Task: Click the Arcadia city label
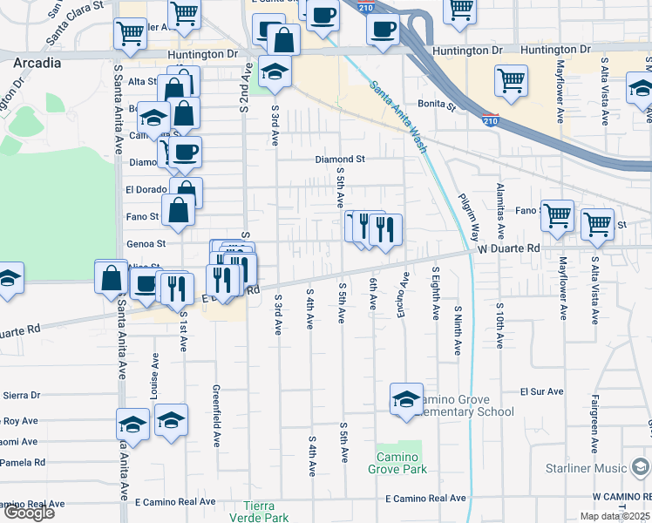tap(37, 63)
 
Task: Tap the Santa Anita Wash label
tap(397, 117)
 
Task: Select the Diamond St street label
tap(340, 160)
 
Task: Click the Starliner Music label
tap(585, 469)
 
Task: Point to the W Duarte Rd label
tap(509, 248)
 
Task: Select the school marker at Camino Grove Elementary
tap(406, 400)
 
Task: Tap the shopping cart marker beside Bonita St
tap(511, 81)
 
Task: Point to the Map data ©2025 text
tap(615, 516)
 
